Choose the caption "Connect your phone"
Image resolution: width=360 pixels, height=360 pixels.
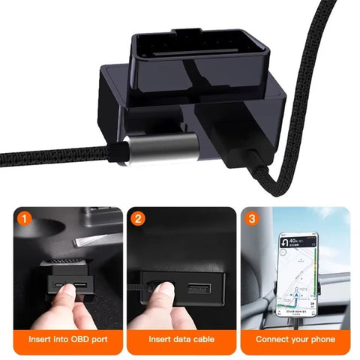(295, 340)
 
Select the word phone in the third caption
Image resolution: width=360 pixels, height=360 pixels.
(319, 340)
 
